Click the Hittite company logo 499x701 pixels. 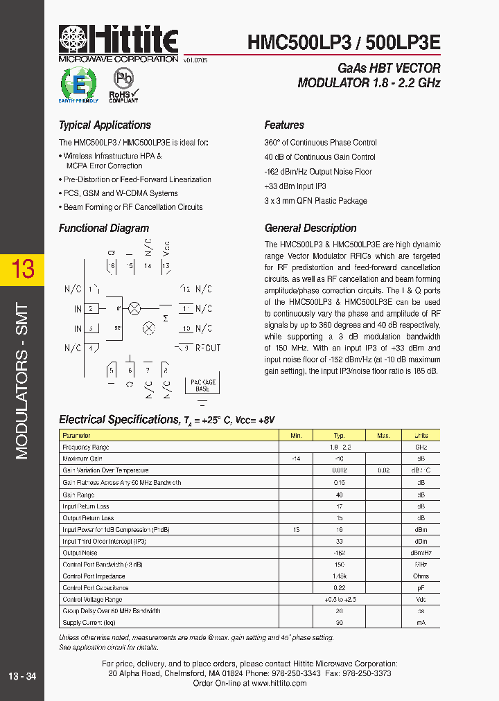click(119, 44)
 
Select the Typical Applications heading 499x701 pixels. click(105, 125)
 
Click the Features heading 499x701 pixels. click(284, 125)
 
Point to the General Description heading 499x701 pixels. click(310, 229)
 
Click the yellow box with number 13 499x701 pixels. click(22, 269)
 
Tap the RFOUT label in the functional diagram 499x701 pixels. click(207, 348)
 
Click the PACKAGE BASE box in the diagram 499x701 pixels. click(202, 386)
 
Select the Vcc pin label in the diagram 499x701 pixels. click(166, 249)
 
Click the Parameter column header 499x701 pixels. click(76, 436)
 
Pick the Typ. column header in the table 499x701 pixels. click(339, 436)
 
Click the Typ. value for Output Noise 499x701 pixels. click(339, 553)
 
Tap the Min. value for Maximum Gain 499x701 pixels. click(296, 459)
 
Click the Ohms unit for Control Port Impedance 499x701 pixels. click(421, 576)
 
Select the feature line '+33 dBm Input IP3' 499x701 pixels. click(295, 186)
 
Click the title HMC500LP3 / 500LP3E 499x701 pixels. click(344, 43)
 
